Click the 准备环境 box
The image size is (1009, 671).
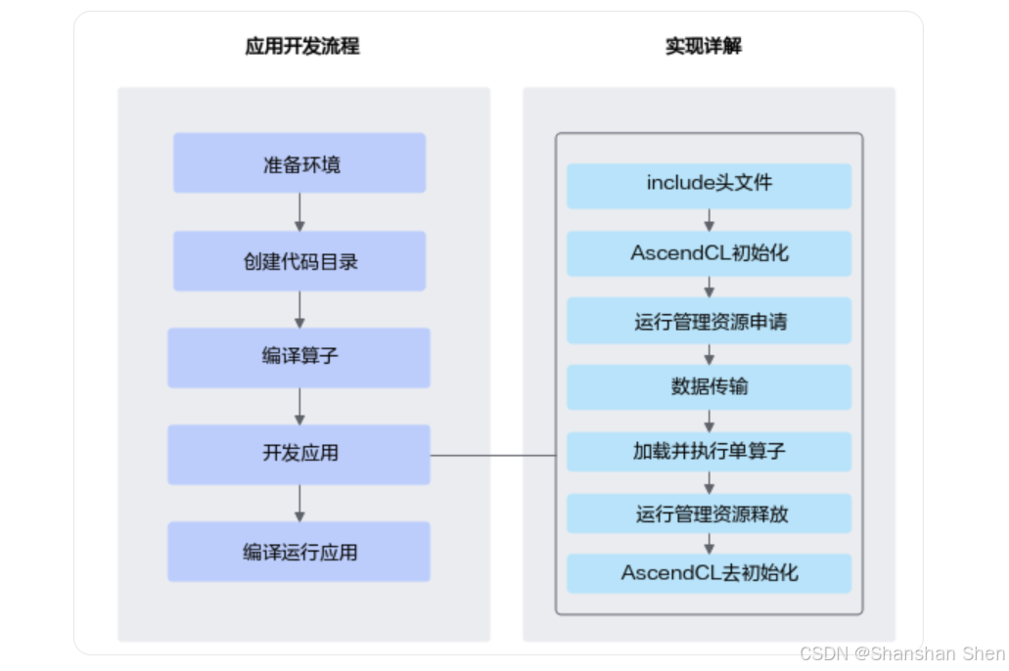click(x=299, y=163)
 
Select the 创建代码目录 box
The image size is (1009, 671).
click(x=299, y=261)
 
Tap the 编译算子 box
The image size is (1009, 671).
click(x=298, y=357)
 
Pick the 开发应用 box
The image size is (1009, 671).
click(x=298, y=454)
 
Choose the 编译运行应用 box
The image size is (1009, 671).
click(x=298, y=552)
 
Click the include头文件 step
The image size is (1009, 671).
click(x=709, y=185)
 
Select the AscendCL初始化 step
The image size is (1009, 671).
click(x=709, y=253)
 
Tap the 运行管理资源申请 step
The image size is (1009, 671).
click(x=709, y=321)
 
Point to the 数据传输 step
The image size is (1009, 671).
click(x=709, y=387)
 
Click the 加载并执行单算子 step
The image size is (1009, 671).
click(x=709, y=452)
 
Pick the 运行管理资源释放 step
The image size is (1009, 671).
click(x=709, y=514)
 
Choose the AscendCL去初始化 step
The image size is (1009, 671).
click(x=709, y=573)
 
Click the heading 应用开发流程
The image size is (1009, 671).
click(x=302, y=46)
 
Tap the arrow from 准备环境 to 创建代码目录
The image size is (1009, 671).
click(x=299, y=211)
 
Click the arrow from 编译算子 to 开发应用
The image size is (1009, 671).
click(x=299, y=406)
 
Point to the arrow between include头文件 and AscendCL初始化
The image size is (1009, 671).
click(x=709, y=219)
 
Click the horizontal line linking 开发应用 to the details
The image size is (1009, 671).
click(x=493, y=455)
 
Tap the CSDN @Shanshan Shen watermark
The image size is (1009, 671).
click(x=901, y=653)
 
